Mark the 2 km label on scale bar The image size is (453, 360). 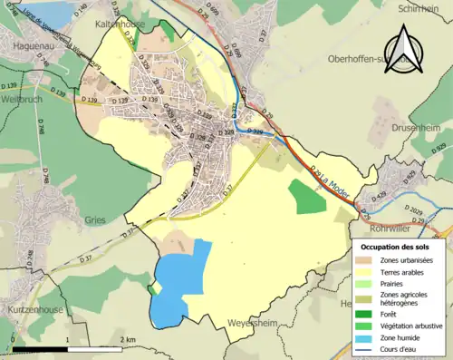(x=128, y=339)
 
